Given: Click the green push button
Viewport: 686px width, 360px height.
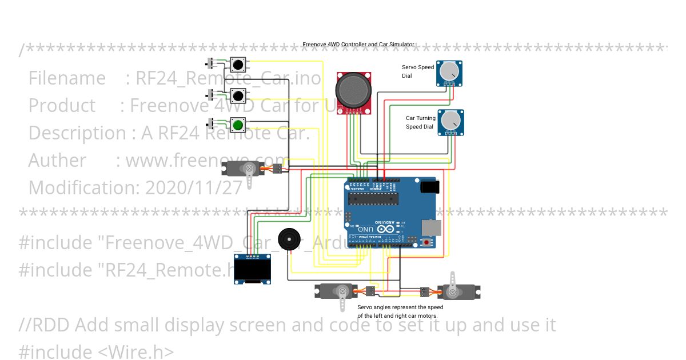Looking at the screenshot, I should pos(238,125).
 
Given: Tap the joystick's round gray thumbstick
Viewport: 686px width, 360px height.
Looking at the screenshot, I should pos(353,89).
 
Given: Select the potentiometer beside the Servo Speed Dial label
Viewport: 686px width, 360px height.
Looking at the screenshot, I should pos(449,72).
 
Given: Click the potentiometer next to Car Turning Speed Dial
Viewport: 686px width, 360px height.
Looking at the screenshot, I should pos(451,121).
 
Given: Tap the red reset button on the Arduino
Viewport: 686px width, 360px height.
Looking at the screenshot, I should pos(426,242).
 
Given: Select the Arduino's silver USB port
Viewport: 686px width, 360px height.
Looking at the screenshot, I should pos(432,227).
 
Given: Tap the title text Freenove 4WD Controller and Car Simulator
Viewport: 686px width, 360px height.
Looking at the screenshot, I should pos(358,45).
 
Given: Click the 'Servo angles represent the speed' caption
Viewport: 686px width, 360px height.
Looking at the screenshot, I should pos(400,307).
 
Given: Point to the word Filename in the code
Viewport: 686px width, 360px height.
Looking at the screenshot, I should pos(67,78).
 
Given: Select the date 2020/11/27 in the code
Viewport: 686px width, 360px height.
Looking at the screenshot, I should pos(194,187).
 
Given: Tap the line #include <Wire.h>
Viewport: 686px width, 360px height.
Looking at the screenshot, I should pos(96,351).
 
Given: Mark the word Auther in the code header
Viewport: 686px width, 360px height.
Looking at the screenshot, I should pos(57,160).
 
